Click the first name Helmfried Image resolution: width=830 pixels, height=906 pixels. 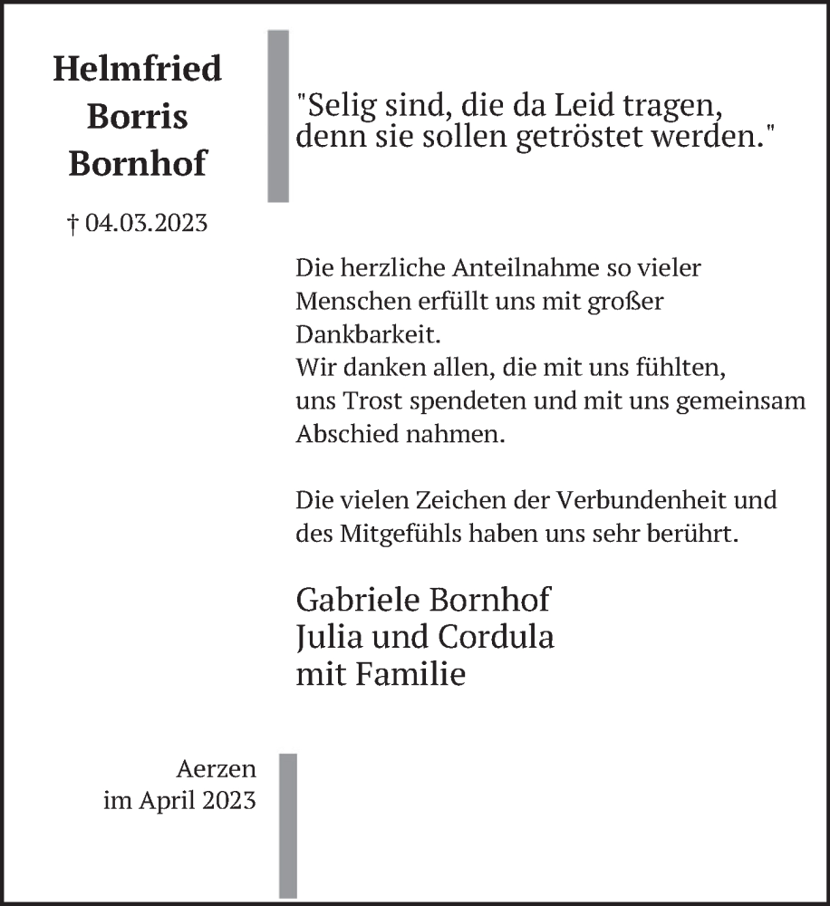(137, 69)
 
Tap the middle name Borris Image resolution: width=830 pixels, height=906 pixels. (137, 116)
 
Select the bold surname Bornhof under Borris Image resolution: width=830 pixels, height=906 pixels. (137, 164)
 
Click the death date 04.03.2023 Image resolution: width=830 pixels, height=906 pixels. (146, 223)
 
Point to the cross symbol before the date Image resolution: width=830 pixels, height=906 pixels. (73, 223)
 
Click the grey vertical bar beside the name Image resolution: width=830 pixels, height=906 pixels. (278, 115)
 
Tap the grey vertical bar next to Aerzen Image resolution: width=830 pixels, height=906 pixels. (287, 824)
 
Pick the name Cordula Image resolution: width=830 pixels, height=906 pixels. (497, 637)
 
